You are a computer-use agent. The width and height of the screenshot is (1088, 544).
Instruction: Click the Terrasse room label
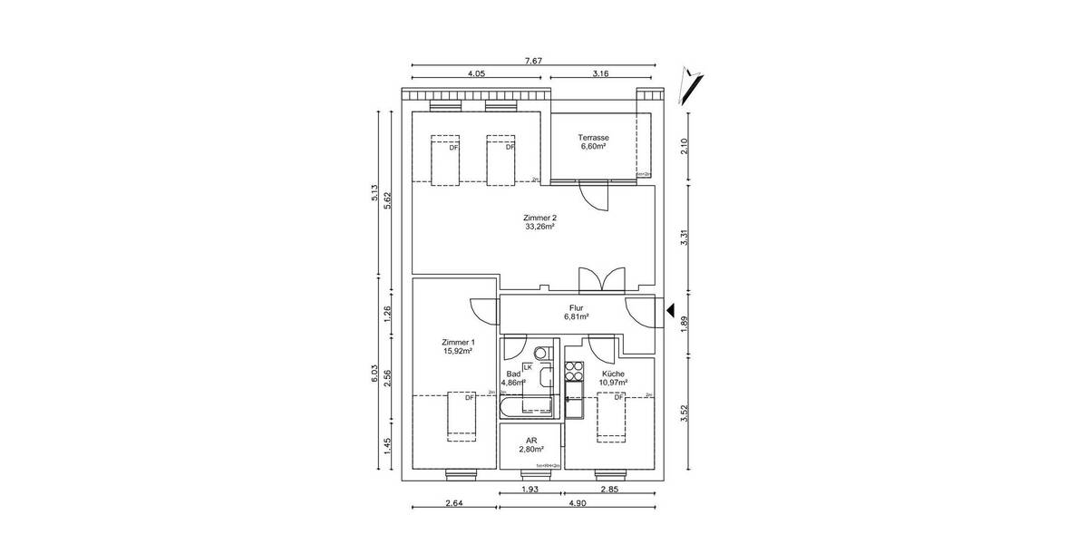[593, 137]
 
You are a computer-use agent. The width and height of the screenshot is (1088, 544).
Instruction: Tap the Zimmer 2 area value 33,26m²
[539, 228]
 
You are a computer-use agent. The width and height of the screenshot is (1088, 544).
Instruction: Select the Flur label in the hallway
[576, 308]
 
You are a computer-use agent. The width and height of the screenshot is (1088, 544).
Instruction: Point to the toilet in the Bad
[541, 353]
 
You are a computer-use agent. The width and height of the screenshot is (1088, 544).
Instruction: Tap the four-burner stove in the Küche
[573, 371]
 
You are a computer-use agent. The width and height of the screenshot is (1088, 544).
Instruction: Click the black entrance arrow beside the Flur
[672, 311]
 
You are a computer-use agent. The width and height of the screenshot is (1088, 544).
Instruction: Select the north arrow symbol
[695, 84]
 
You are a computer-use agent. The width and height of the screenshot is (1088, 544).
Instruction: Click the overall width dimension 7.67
[533, 61]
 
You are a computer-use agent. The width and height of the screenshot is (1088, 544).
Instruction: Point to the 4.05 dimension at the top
[478, 73]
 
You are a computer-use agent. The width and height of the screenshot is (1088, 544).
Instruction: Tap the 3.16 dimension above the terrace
[600, 73]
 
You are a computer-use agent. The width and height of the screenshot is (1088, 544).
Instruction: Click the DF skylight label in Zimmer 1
[470, 397]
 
